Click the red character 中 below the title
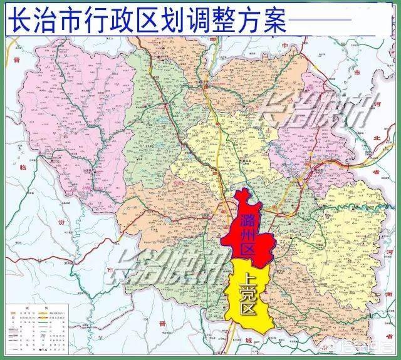click(284, 46)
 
